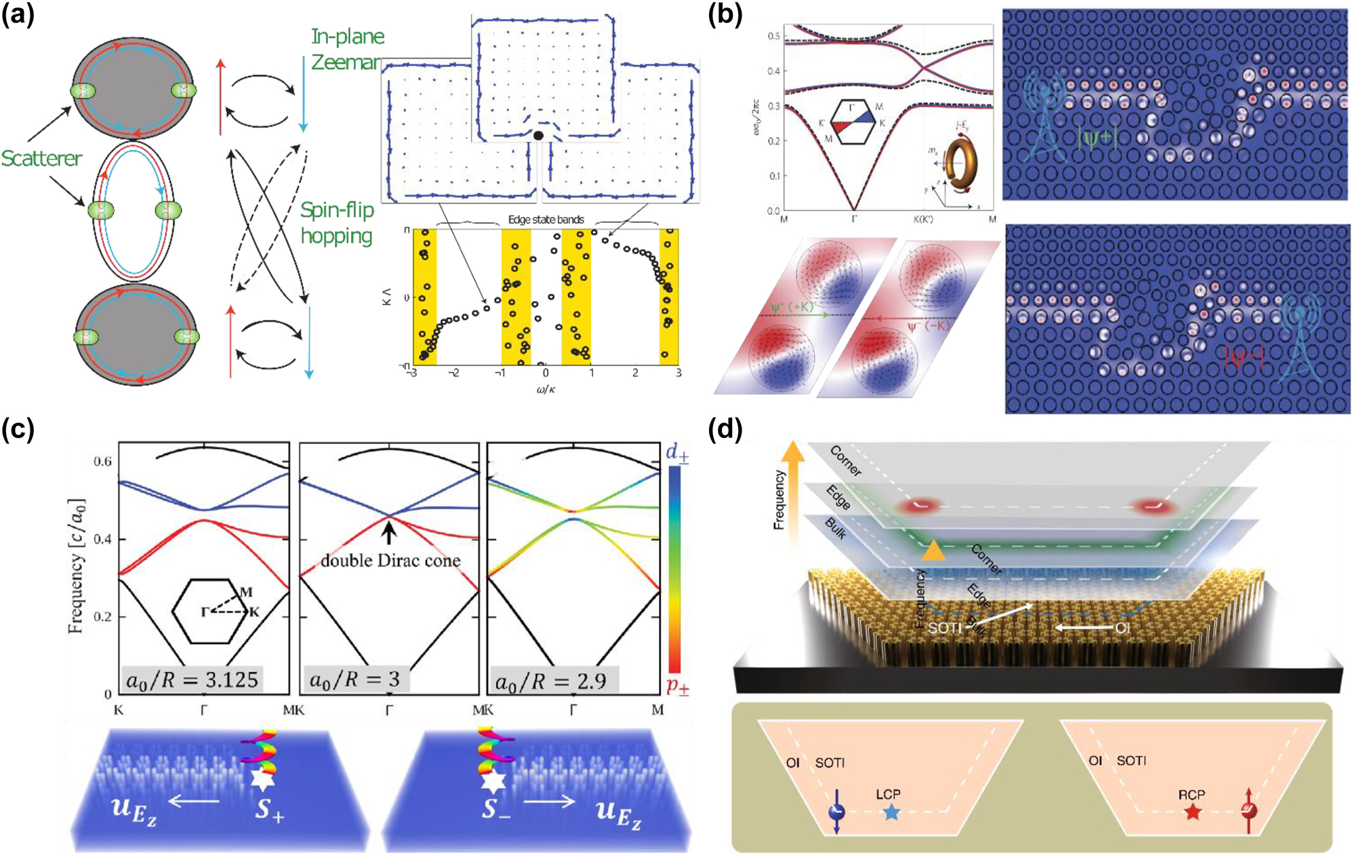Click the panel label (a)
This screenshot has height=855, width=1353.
(x=18, y=14)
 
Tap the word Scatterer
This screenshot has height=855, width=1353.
(x=41, y=159)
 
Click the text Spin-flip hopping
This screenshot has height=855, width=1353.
(x=337, y=223)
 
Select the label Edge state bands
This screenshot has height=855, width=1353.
(x=546, y=220)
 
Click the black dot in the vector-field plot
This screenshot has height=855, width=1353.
(x=538, y=136)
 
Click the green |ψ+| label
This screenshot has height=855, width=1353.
(x=1095, y=137)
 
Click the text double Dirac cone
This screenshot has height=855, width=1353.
(x=390, y=561)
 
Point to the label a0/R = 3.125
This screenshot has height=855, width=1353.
(x=192, y=679)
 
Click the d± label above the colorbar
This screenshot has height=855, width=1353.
(x=676, y=452)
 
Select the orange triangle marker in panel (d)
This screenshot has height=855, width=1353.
(x=933, y=550)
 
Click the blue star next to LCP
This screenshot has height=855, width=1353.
(x=891, y=812)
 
